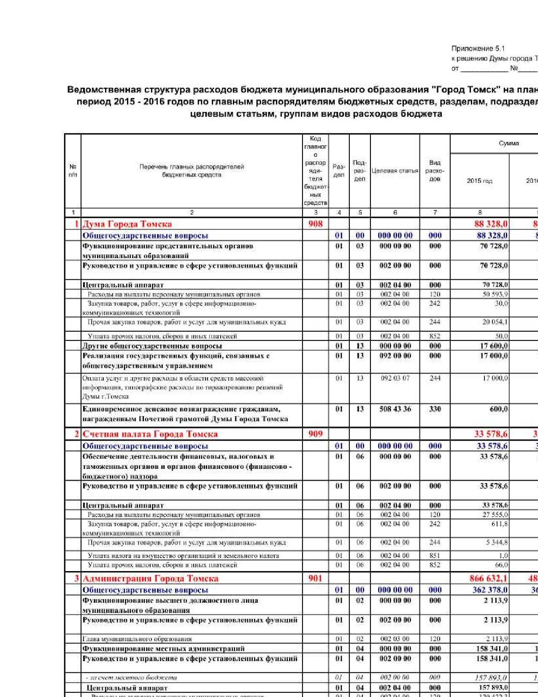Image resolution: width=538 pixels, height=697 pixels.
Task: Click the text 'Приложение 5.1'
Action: tap(478, 49)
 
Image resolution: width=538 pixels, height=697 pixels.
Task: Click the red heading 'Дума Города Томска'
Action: tap(127, 224)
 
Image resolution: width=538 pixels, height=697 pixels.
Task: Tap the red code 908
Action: tap(315, 224)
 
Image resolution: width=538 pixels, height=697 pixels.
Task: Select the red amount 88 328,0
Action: tap(491, 224)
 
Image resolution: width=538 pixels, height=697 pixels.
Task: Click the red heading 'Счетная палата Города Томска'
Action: tap(150, 434)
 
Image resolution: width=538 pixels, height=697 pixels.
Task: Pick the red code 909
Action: tap(315, 434)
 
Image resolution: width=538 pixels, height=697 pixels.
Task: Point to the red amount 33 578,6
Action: tap(491, 434)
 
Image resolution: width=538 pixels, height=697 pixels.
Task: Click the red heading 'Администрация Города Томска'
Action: tap(150, 578)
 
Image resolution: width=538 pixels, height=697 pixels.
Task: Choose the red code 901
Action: tap(315, 578)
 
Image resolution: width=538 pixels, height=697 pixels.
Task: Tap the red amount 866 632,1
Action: tap(488, 578)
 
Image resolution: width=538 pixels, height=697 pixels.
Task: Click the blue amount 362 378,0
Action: tap(490, 590)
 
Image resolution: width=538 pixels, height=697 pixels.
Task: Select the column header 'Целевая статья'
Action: tap(395, 171)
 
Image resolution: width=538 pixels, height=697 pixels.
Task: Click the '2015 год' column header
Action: tap(479, 181)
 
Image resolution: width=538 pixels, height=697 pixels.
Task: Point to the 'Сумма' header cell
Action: tap(508, 143)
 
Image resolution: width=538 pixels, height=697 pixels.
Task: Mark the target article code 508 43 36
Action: tap(395, 409)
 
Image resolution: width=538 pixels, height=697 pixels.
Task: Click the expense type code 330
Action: tap(435, 409)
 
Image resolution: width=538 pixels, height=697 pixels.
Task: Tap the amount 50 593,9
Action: tap(495, 294)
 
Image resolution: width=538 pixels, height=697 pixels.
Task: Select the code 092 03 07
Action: tap(395, 378)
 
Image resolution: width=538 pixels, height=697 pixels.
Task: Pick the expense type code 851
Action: tap(435, 555)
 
